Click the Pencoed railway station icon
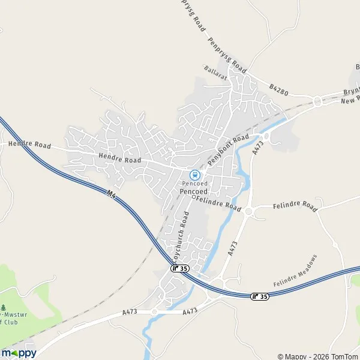(194, 175)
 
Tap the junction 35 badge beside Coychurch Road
(178, 268)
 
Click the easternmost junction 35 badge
(260, 296)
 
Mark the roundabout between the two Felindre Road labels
(248, 211)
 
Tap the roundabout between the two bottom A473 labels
(154, 312)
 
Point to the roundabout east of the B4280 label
(317, 102)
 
